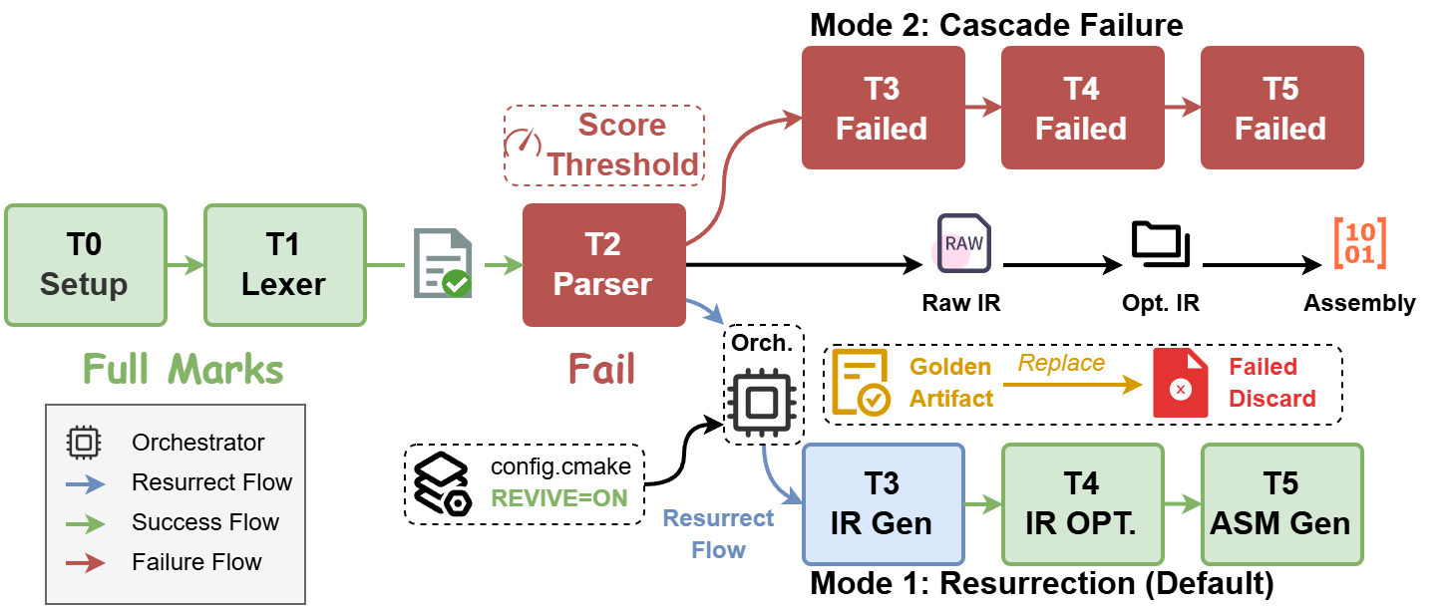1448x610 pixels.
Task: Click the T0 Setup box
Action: (x=86, y=265)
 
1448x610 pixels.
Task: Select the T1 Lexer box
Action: (x=285, y=265)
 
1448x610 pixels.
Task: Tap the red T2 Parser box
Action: (x=603, y=265)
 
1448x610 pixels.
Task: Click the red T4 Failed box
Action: (x=1082, y=108)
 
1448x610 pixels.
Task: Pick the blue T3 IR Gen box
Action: (x=883, y=504)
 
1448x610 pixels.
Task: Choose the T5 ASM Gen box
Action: (x=1281, y=504)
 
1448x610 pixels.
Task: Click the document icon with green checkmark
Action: (x=443, y=263)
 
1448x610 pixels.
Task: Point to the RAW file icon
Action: (x=963, y=243)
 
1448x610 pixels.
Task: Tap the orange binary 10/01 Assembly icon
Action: (x=1360, y=243)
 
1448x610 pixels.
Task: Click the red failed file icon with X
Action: (x=1181, y=383)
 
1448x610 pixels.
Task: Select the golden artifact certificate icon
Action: (x=861, y=382)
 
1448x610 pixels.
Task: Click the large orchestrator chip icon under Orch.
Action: (x=762, y=401)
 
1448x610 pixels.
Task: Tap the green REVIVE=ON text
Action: (x=559, y=498)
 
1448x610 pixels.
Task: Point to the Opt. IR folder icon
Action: (x=1161, y=243)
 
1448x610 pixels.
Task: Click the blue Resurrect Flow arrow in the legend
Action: (x=85, y=484)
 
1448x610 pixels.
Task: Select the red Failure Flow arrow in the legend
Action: (x=85, y=563)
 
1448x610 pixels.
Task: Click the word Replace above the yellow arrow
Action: (x=1061, y=363)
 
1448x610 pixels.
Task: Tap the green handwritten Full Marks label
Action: (x=182, y=369)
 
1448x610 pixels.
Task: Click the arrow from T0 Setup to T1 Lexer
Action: (x=185, y=265)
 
